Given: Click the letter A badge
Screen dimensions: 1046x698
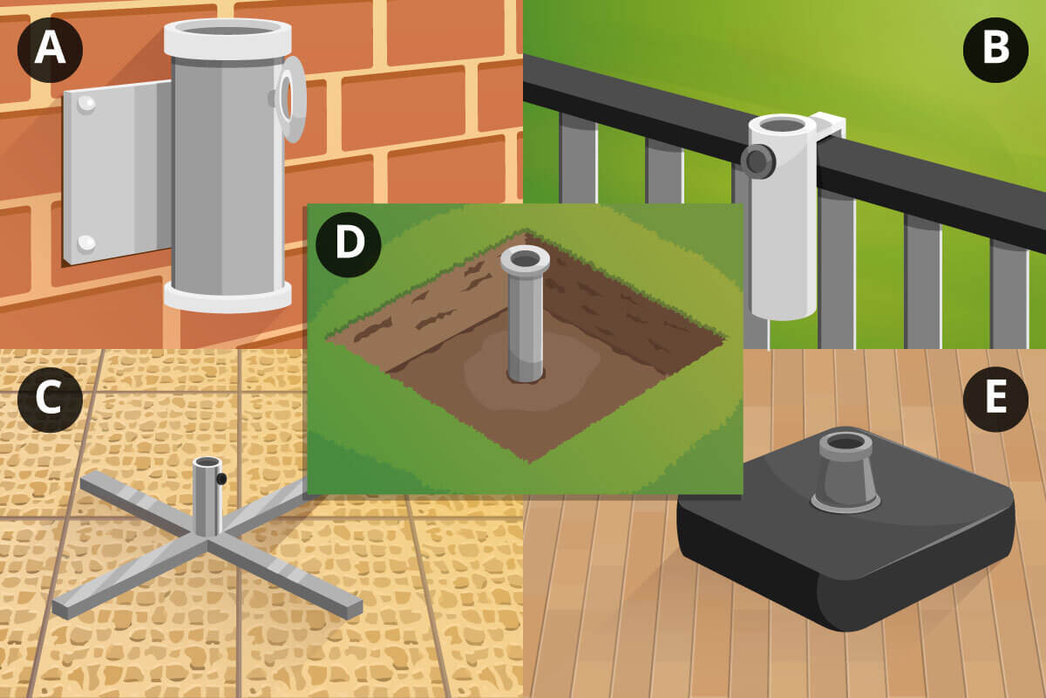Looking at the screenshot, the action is (50, 50).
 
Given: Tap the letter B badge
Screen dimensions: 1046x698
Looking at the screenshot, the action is (995, 50).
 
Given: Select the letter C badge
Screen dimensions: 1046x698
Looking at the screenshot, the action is (50, 399).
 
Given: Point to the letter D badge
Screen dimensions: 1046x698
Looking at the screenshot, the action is (349, 244).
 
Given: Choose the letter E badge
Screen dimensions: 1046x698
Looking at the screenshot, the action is (995, 399).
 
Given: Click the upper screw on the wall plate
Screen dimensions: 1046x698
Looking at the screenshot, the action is (86, 104).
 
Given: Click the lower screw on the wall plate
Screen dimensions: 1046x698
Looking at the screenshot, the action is (86, 243).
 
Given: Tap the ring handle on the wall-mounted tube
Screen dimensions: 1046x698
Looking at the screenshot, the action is (292, 99).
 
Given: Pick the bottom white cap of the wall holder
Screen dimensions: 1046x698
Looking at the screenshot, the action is (228, 297).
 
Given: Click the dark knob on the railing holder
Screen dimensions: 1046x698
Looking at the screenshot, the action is (758, 161).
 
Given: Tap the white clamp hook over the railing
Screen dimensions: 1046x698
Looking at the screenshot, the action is (829, 125).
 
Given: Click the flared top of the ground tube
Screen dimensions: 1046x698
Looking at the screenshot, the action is (526, 260).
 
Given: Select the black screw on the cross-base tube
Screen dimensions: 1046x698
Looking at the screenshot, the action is (221, 479).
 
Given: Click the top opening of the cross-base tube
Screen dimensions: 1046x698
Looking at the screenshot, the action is (207, 462).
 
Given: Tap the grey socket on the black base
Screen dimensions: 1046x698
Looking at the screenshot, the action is (846, 472).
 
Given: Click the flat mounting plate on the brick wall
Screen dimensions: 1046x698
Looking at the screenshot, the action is (118, 172).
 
